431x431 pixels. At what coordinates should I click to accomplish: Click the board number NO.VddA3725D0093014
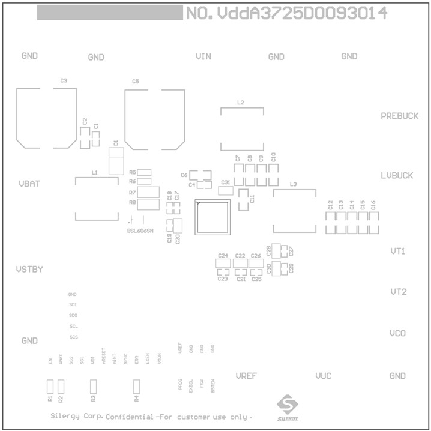(x=286, y=13)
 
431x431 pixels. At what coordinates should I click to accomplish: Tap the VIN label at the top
(x=203, y=56)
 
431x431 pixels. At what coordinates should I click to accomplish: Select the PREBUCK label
(x=399, y=116)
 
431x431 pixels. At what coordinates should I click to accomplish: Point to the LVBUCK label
(x=397, y=176)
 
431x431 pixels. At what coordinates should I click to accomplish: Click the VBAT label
(x=29, y=184)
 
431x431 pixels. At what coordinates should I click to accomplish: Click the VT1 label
(x=398, y=251)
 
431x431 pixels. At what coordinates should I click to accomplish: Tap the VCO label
(x=397, y=333)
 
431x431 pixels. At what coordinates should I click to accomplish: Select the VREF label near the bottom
(x=246, y=376)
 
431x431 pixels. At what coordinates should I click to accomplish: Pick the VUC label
(x=323, y=376)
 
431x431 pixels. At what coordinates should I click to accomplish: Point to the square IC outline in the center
(x=212, y=217)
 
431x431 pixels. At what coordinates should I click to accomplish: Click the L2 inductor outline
(x=242, y=130)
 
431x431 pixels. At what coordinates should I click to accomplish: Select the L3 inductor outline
(x=294, y=211)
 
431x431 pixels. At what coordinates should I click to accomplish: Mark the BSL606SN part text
(x=140, y=231)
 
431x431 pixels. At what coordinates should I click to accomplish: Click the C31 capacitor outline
(x=225, y=191)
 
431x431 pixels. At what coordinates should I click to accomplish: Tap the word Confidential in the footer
(x=129, y=417)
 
